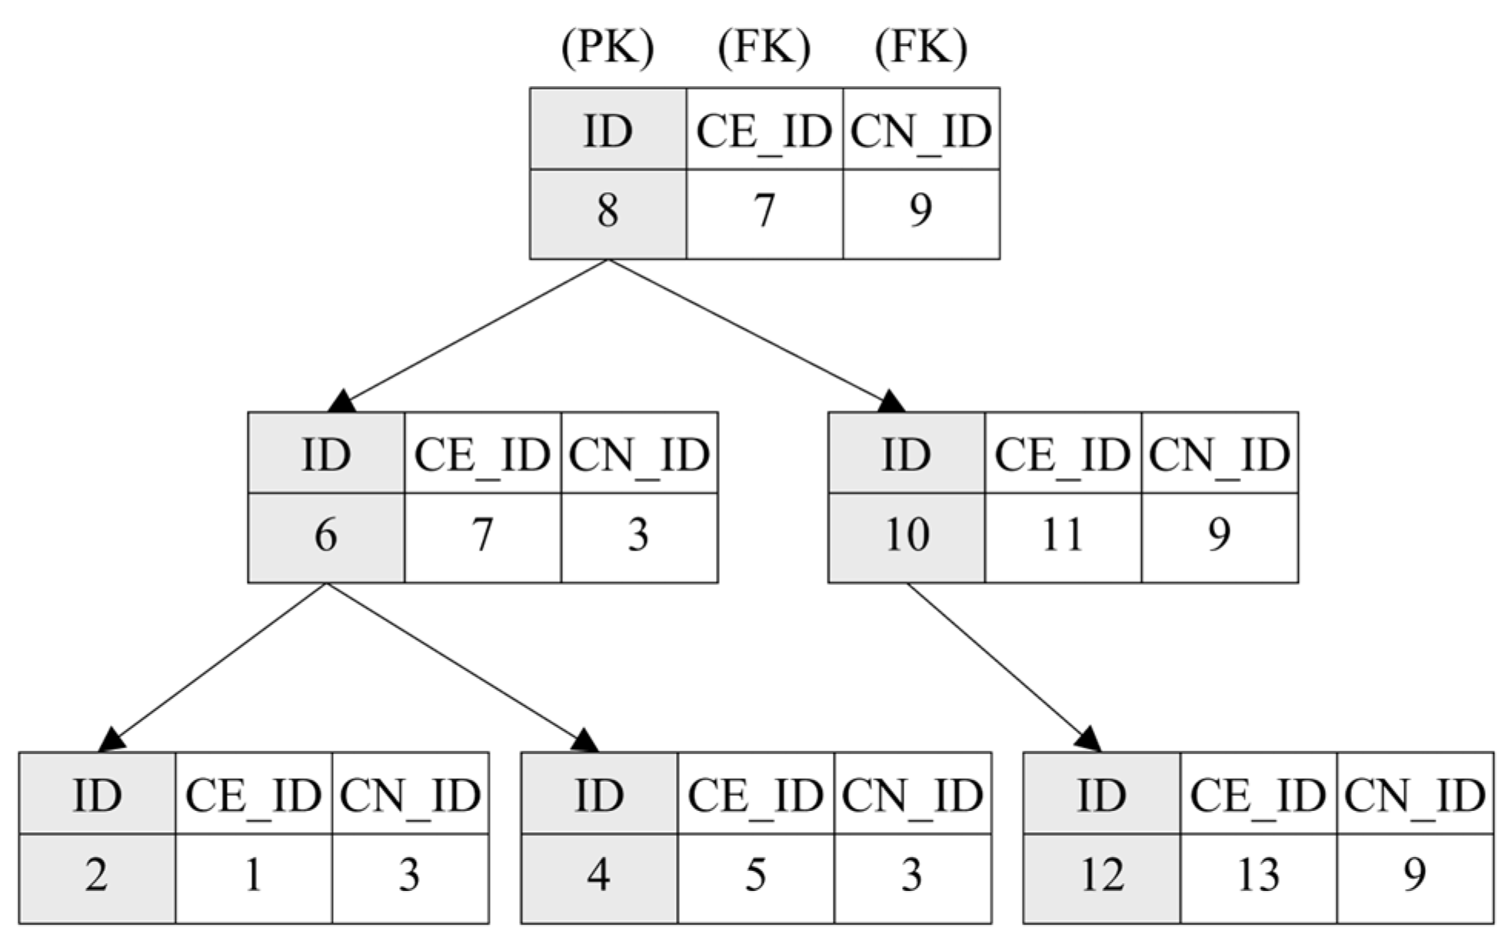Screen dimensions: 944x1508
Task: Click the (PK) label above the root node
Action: (608, 48)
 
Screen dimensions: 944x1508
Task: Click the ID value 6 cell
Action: (326, 537)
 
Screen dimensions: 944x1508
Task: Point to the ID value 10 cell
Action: (907, 537)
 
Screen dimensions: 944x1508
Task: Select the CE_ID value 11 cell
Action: (1063, 537)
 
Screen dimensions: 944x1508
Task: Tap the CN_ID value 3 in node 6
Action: (638, 537)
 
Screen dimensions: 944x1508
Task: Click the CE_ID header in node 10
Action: (1063, 454)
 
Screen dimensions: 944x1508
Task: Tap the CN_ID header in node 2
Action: (410, 795)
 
